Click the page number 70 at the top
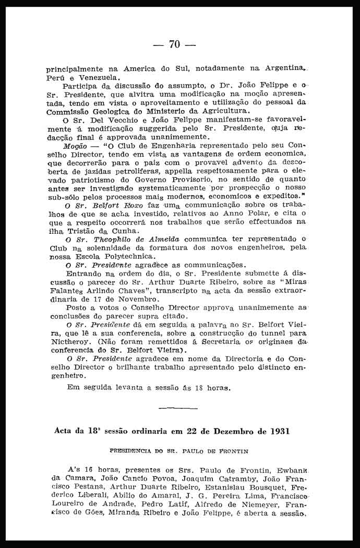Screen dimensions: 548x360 (x=174, y=45)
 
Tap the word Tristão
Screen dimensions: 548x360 (x=82, y=231)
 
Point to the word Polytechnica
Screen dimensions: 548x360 (x=128, y=256)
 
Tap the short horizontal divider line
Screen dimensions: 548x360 (x=174, y=407)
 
